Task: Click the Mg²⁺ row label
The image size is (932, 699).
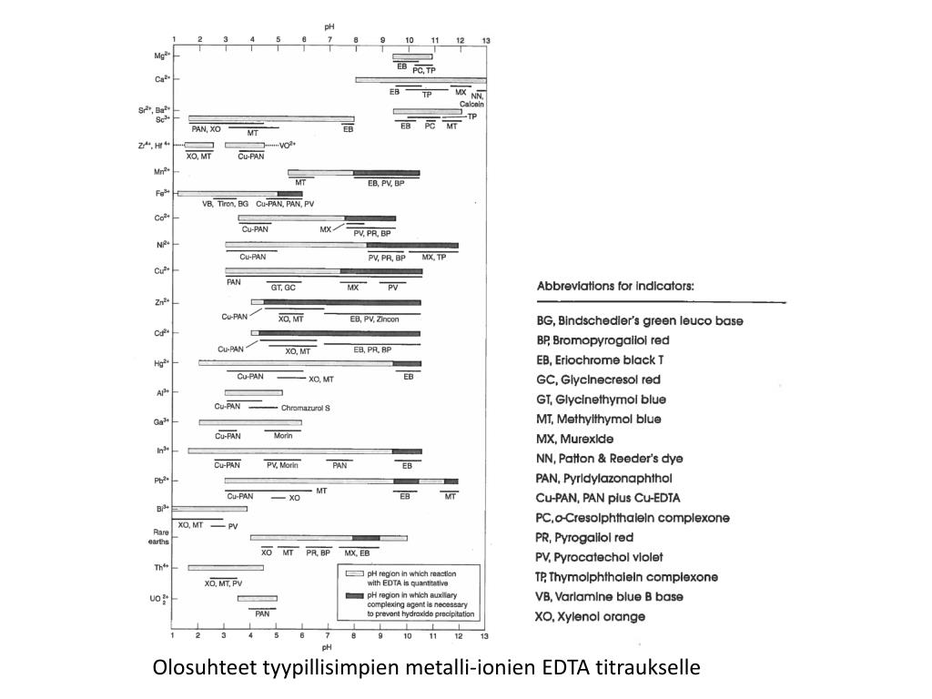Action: (161, 56)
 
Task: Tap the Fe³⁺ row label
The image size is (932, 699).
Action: (161, 193)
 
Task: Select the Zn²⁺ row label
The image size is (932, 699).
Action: (161, 301)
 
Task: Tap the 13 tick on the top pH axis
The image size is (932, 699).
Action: (486, 40)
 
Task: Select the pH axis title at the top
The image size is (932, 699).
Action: (329, 27)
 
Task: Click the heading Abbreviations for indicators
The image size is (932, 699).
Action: (615, 286)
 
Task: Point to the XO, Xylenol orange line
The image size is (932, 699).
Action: (591, 616)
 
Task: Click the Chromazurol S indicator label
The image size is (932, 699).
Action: (305, 408)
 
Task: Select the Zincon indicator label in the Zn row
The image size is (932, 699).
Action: (386, 319)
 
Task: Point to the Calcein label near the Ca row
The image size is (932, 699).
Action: (471, 104)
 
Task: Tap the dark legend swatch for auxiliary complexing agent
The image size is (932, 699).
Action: (353, 595)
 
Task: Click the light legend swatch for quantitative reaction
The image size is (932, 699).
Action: (353, 574)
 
